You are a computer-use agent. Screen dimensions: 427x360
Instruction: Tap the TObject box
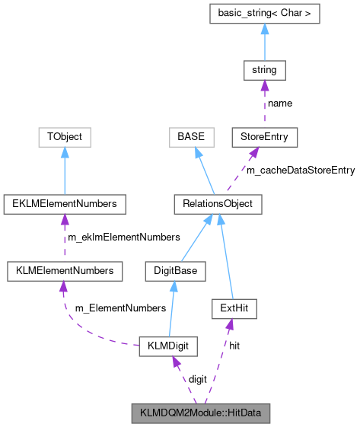pyautogui.click(x=65, y=138)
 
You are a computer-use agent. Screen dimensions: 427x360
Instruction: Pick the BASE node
pyautogui.click(x=188, y=138)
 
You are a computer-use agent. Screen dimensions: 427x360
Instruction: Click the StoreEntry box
pyautogui.click(x=264, y=138)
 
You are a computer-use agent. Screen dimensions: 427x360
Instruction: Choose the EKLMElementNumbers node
pyautogui.click(x=65, y=204)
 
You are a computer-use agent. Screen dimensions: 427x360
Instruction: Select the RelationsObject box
pyautogui.click(x=218, y=204)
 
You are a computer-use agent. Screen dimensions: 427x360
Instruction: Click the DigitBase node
pyautogui.click(x=174, y=270)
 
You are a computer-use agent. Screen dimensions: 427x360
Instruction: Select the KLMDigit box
pyautogui.click(x=168, y=347)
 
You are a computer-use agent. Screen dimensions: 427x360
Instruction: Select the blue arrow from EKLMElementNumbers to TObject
pyautogui.click(x=65, y=170)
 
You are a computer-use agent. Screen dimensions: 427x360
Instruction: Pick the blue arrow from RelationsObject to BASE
pyautogui.click(x=203, y=171)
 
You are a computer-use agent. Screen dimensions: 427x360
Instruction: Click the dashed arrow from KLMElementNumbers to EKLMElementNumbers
pyautogui.click(x=65, y=237)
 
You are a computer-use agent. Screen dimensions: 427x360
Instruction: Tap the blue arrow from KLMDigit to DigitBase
pyautogui.click(x=171, y=308)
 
